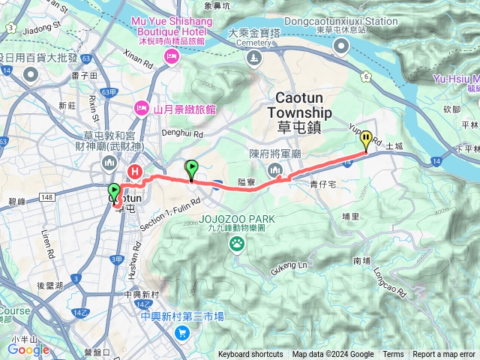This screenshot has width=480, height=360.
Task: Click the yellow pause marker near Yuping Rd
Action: click(366, 138)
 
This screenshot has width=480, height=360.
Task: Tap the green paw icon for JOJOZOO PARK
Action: click(238, 242)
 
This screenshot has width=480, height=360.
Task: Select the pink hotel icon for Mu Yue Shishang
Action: click(172, 57)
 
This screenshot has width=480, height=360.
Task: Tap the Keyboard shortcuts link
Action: click(250, 354)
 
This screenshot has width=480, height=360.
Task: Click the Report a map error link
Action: click(444, 354)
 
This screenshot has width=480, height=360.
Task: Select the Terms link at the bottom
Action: click(393, 354)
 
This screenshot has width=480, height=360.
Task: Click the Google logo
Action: click(28, 349)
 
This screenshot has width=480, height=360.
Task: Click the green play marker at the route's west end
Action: click(114, 191)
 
